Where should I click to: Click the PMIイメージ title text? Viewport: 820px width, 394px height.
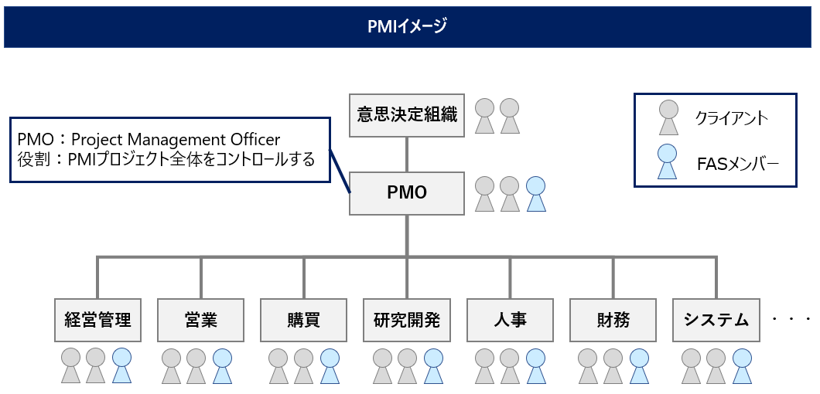coord(407,27)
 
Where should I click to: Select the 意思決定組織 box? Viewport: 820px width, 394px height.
coord(407,115)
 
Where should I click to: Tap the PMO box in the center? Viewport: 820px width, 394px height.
coord(407,193)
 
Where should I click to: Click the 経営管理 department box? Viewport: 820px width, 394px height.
coord(97,320)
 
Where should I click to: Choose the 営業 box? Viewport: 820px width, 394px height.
coord(201,320)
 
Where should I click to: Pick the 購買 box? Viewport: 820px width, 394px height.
coord(304,320)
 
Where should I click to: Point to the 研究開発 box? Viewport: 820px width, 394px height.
coord(407,320)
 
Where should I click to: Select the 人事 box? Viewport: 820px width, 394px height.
coord(510,320)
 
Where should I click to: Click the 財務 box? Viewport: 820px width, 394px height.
coord(613,320)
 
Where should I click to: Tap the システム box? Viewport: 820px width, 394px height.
coord(716,320)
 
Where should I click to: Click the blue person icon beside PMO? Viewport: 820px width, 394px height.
coord(535,194)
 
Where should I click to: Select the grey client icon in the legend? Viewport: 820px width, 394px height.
coord(667,118)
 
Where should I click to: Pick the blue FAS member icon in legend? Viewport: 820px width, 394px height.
coord(667,161)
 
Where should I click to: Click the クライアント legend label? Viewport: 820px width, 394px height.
coord(731,118)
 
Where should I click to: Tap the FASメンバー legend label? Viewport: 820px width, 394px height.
coord(736,163)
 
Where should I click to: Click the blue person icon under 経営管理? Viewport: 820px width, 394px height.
coord(122,365)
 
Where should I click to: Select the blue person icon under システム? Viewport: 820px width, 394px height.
coord(742,365)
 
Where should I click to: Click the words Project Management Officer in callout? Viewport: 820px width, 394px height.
coord(176,139)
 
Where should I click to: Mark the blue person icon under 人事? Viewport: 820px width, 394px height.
coord(535,365)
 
